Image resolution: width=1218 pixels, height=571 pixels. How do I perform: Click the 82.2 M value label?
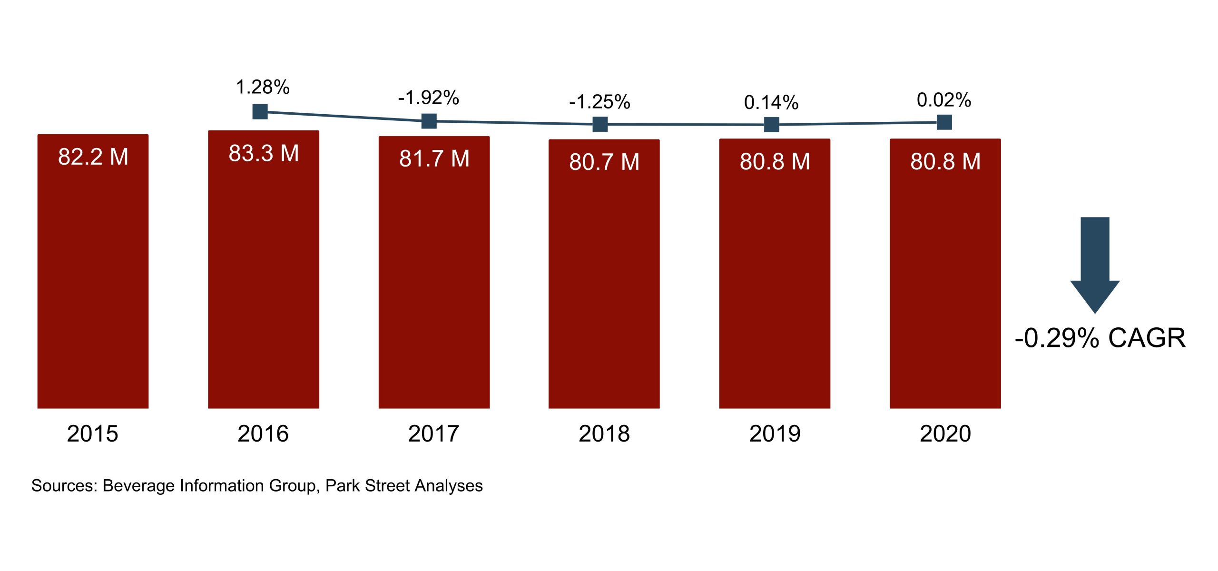(93, 157)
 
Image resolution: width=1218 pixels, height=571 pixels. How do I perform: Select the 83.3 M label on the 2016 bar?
(264, 153)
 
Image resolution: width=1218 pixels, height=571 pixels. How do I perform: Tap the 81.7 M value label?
(434, 158)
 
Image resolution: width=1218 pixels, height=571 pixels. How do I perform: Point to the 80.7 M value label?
(604, 162)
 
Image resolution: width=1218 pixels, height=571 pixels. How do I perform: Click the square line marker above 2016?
(260, 112)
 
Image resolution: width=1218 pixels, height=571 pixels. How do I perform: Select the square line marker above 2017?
(429, 121)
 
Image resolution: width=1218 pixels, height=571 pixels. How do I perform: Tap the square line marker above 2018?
(600, 124)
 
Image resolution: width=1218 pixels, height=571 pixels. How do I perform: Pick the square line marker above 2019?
(771, 125)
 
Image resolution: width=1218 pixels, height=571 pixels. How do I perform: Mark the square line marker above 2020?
(944, 122)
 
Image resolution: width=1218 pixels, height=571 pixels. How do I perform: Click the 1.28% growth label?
(263, 87)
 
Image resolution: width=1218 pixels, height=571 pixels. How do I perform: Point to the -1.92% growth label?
(429, 98)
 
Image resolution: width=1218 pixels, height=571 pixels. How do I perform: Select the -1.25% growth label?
(599, 102)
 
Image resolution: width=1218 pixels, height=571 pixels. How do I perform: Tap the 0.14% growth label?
(771, 102)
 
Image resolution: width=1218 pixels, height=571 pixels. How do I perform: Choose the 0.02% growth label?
(944, 100)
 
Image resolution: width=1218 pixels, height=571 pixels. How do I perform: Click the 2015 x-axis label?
(92, 433)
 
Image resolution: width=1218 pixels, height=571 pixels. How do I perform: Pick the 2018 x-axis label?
(604, 433)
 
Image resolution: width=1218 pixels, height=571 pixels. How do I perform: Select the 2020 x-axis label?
(945, 433)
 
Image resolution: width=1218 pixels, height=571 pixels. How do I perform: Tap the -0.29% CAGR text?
(1100, 338)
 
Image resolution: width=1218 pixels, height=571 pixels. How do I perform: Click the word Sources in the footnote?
(64, 486)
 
